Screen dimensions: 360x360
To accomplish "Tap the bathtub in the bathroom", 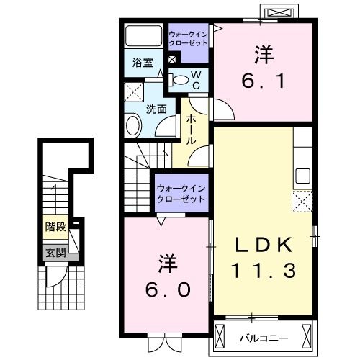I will point(144,36).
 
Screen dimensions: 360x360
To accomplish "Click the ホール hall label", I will point(192,130).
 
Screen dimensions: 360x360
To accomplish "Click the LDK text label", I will point(264,246).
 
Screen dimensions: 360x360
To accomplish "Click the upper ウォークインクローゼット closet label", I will point(188,38).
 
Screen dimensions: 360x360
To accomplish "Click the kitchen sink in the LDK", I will point(302,175).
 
